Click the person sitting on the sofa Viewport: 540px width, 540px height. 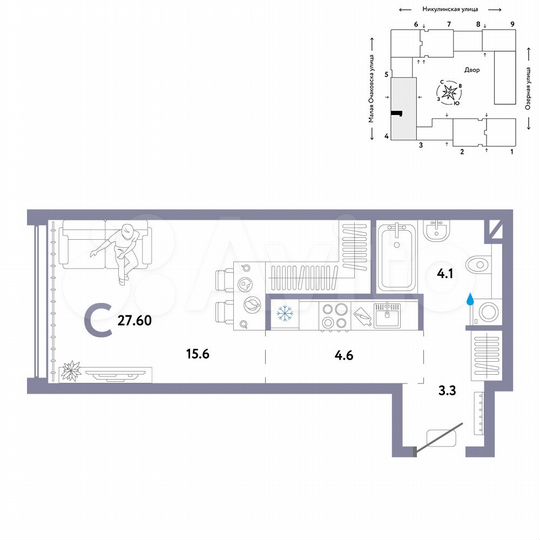121,251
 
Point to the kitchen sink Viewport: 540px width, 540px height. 388,315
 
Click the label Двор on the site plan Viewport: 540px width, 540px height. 472,70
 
